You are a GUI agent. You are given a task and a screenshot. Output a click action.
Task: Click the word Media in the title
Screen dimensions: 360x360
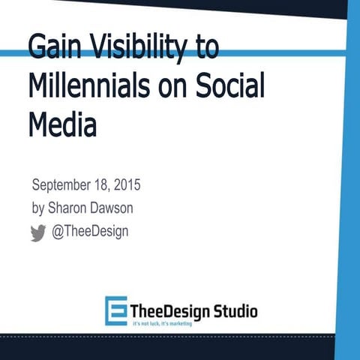tap(63, 124)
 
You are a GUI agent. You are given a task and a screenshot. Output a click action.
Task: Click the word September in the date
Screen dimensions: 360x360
tap(63, 185)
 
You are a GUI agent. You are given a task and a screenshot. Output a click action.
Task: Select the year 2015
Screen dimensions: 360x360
tap(126, 185)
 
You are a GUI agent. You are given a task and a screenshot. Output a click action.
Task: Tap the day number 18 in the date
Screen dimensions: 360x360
tap(102, 185)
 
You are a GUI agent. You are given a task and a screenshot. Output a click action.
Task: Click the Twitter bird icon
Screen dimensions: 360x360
tap(38, 233)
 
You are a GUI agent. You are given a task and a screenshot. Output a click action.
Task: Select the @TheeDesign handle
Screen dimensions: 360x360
tap(89, 232)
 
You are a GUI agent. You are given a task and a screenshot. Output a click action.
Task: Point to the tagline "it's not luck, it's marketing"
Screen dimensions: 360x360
tap(166, 322)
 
